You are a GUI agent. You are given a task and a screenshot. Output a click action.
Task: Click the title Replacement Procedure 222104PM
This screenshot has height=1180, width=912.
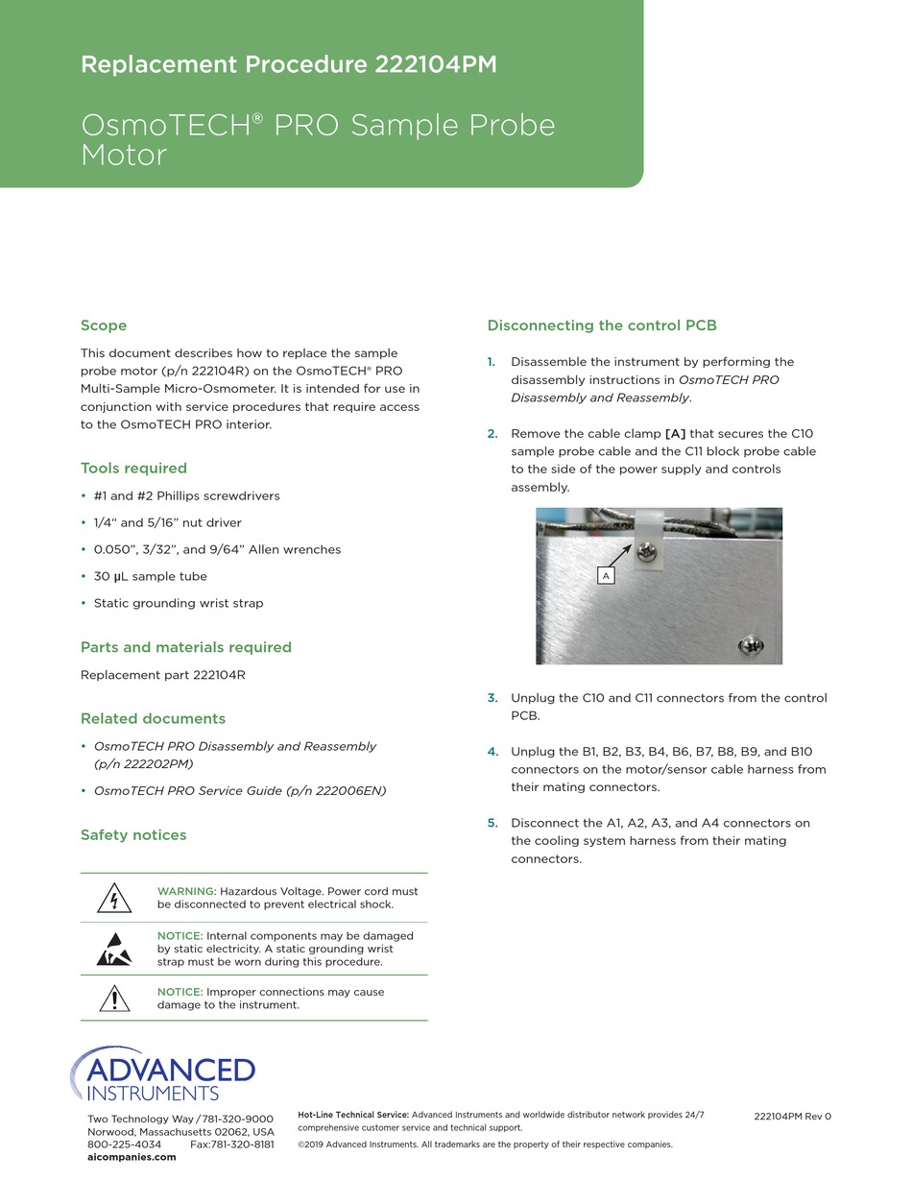[x=288, y=64]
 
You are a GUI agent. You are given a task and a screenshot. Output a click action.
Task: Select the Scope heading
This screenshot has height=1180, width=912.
[x=104, y=325]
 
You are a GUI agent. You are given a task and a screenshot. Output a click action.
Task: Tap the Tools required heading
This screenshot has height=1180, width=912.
[x=133, y=469]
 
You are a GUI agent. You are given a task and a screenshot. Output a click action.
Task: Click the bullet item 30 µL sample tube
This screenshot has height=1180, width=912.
[x=150, y=576]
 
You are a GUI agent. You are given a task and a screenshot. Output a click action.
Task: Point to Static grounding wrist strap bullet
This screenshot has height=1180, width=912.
[x=178, y=603]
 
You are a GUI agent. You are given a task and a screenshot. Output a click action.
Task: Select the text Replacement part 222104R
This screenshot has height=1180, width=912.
[x=162, y=675]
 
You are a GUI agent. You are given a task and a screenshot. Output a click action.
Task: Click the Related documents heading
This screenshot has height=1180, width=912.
[x=153, y=718]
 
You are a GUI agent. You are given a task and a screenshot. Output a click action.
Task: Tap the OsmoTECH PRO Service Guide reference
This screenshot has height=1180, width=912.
[x=239, y=790]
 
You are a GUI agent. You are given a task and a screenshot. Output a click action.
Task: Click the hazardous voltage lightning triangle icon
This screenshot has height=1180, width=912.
[x=114, y=899]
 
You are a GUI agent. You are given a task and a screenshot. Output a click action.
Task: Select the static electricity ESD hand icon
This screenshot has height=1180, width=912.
[x=114, y=949]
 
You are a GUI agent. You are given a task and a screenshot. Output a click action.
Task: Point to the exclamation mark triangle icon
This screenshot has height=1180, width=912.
[x=114, y=999]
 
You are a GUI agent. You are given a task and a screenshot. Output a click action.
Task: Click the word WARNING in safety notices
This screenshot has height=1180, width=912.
[x=186, y=891]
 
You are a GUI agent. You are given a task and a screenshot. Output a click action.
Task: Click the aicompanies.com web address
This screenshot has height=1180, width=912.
[x=132, y=1157]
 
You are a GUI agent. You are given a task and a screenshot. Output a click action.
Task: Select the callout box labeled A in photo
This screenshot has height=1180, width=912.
[x=606, y=575]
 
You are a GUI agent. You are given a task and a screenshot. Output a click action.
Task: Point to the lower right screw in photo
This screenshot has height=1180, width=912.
[x=752, y=646]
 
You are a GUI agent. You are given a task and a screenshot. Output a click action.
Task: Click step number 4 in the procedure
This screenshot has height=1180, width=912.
[x=492, y=752]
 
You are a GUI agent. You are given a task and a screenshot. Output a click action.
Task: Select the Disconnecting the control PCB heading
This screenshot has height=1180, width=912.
[x=602, y=325]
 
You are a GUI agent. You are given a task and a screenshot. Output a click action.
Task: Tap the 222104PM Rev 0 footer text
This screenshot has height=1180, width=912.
[x=792, y=1117]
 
